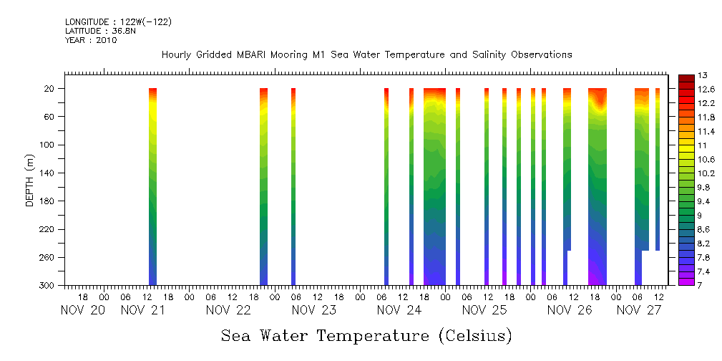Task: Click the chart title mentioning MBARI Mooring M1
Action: click(x=366, y=54)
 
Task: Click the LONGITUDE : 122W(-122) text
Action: click(x=118, y=22)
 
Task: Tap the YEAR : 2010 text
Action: click(x=91, y=41)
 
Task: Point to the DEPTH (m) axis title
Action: click(x=30, y=183)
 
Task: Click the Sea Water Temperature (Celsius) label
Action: click(x=366, y=336)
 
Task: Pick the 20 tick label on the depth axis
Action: click(x=50, y=89)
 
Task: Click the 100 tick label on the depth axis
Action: click(x=47, y=145)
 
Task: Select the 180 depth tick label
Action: click(x=47, y=201)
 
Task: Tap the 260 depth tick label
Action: click(x=47, y=258)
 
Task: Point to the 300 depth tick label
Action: click(x=47, y=286)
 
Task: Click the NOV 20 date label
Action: click(x=83, y=310)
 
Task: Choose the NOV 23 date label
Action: click(x=314, y=310)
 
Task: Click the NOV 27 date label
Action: click(x=638, y=310)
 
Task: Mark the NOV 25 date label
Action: click(x=484, y=310)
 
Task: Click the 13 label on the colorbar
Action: click(x=703, y=75)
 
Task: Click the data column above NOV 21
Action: click(x=152, y=186)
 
